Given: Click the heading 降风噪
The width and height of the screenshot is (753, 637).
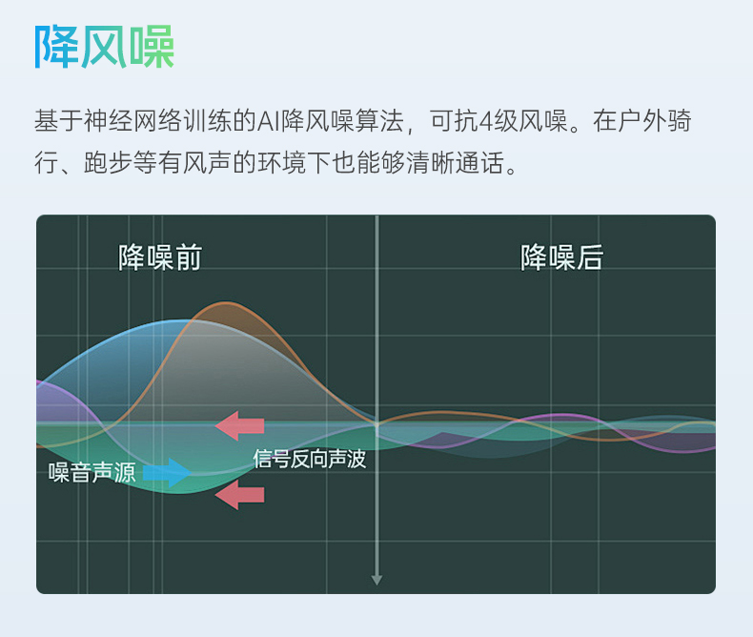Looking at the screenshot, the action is pos(104,47).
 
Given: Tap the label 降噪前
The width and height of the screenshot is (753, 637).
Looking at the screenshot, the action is pos(160,257).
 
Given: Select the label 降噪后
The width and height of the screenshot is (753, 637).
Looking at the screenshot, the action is pos(561,257).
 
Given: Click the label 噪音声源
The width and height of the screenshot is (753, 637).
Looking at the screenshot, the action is pos(92,472).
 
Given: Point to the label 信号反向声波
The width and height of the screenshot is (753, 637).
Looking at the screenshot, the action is pos(310,459).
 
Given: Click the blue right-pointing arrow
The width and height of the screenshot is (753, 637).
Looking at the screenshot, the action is pos(168,473).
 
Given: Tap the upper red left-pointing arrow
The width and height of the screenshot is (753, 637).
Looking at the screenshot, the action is pos(239,425).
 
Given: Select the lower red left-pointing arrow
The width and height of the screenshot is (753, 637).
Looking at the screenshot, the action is pos(239,495).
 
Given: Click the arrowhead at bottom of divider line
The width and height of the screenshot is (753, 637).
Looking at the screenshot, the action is pos(377,580).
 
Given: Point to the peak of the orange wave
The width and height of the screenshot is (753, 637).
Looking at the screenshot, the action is pos(225,302).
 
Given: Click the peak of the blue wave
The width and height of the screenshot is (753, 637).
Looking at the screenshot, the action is pos(185,320).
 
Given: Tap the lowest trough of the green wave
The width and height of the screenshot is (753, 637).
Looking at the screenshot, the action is pos(178,493).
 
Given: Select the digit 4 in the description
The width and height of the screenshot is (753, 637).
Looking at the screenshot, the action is pos(486,121).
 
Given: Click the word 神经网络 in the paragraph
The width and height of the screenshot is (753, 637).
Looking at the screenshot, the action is pos(133,120).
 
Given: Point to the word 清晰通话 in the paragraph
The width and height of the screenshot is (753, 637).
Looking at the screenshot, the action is pos(456,163).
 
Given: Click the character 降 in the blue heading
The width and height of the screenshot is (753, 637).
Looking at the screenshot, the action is pos(56,47).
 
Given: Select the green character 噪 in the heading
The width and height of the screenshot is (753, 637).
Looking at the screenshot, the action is pos(152,47).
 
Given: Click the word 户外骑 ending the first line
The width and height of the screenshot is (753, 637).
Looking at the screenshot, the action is pos(654,120).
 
